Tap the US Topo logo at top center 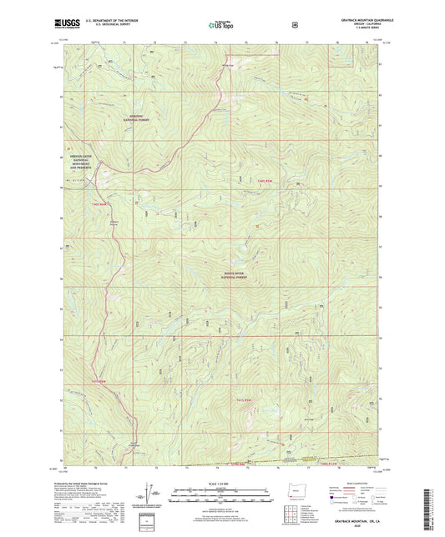click(220, 26)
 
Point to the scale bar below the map click(220, 492)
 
